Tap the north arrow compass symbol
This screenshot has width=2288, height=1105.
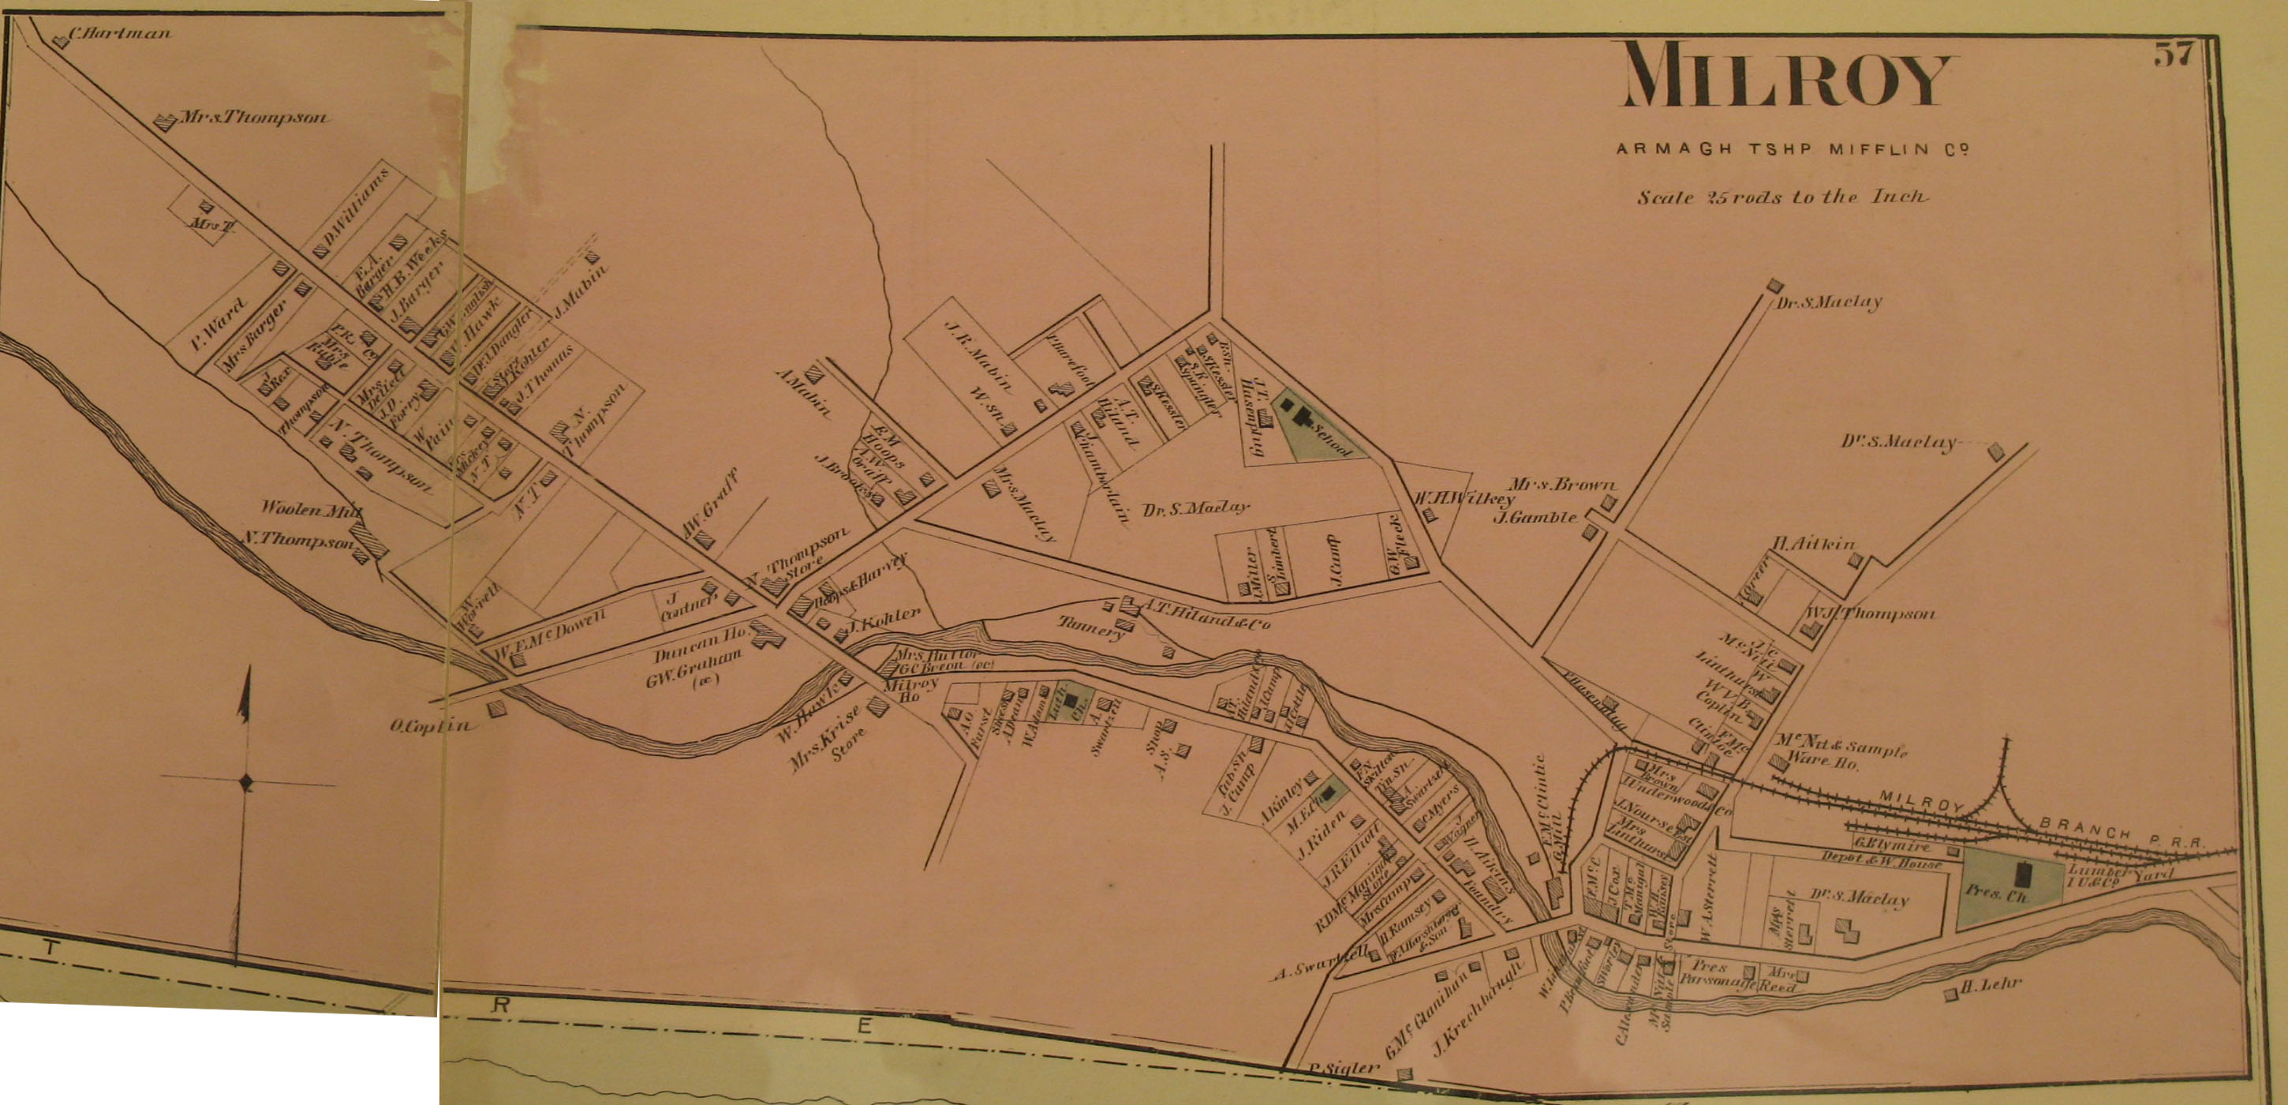coord(246,781)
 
